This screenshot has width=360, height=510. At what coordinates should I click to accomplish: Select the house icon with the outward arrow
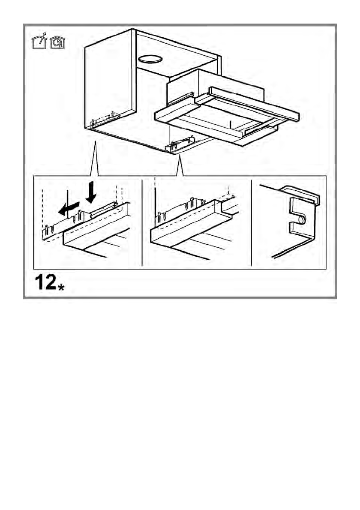click(x=39, y=42)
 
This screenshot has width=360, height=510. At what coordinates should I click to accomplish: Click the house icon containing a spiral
click(x=57, y=43)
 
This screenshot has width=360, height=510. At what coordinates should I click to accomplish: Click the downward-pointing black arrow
click(x=91, y=192)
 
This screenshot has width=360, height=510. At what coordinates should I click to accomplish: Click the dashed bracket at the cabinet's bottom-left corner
click(x=103, y=121)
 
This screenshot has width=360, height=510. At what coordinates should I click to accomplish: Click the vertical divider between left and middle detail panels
click(x=142, y=223)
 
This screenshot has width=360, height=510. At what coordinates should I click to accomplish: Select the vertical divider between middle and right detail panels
click(x=251, y=223)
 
